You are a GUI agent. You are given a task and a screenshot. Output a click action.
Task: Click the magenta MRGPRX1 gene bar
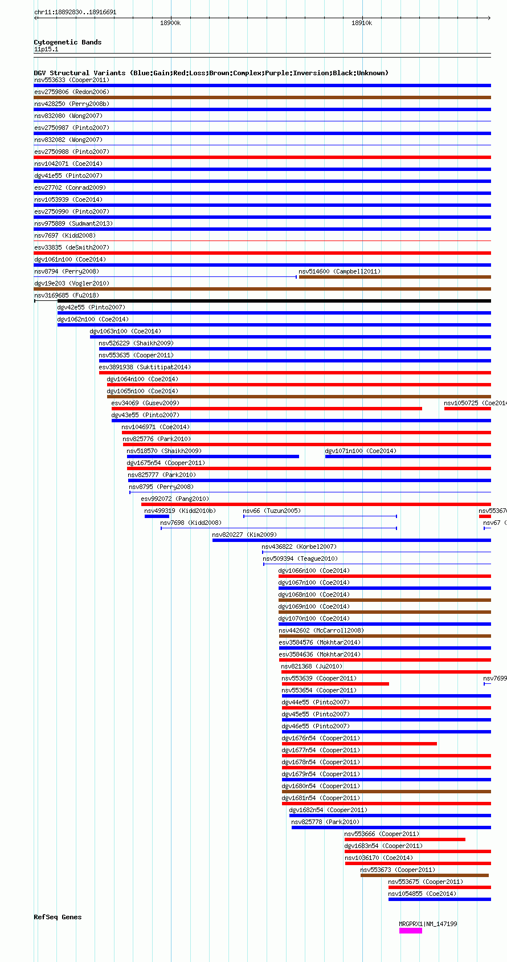pos(410,931)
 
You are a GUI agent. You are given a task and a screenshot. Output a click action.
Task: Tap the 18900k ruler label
pos(170,23)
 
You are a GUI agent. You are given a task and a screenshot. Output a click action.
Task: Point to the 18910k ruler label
pos(361,23)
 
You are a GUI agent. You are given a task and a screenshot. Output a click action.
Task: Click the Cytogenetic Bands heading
pos(67,42)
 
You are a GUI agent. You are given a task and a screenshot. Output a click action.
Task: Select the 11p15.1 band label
pos(46,49)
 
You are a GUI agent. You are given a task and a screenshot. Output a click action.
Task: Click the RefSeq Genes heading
pos(58,917)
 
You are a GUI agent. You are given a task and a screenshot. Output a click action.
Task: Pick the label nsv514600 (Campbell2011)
pos(340,271)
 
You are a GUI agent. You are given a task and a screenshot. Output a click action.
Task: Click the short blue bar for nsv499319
pos(157,516)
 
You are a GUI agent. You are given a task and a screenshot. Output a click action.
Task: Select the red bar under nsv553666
pos(404,839)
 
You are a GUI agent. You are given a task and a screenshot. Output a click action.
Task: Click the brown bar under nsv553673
pos(424,875)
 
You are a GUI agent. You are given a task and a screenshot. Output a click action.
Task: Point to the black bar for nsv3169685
pos(273,301)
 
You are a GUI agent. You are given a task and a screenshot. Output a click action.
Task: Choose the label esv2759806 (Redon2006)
pos(71,92)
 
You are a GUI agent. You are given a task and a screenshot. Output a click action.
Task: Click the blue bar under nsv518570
pos(212,456)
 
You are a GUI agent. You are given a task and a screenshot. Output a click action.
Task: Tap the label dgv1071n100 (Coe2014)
pos(361,451)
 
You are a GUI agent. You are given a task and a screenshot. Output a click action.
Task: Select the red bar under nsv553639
pos(335,684)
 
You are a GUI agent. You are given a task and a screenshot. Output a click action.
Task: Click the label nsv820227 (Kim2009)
pos(244,535)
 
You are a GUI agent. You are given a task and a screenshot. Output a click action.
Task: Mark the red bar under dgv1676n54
pos(359,744)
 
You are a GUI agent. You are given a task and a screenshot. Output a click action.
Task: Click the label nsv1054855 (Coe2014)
pos(422,894)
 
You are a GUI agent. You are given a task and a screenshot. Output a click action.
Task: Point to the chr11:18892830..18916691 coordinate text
pos(75,12)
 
